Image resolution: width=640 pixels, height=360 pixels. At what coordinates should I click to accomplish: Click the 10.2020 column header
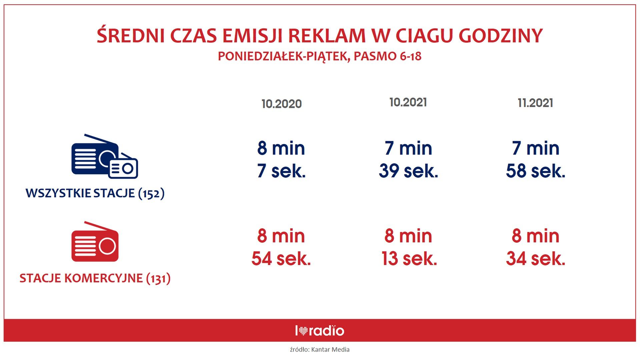(x=282, y=104)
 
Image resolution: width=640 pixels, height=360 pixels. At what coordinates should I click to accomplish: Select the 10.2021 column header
(x=408, y=102)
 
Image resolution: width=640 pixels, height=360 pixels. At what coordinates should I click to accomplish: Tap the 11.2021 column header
(x=535, y=103)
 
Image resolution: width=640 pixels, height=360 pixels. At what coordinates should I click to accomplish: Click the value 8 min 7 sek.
(x=281, y=159)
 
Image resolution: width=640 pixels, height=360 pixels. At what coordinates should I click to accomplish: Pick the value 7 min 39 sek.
(x=408, y=159)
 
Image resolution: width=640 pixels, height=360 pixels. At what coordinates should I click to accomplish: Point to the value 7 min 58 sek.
(x=536, y=159)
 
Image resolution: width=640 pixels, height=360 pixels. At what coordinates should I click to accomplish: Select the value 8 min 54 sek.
(x=281, y=247)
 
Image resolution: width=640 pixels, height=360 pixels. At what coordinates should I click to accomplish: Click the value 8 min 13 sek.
(x=409, y=247)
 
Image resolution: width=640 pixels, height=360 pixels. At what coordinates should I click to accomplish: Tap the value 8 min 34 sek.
(x=536, y=247)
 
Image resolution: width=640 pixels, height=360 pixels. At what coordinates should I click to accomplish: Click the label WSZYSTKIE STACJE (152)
(x=95, y=193)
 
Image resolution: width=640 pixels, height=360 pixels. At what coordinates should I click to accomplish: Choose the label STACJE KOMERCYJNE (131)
(x=95, y=278)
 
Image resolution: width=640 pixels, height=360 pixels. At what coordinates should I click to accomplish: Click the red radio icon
(x=95, y=241)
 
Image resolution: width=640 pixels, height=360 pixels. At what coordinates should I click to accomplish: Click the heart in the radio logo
(x=303, y=331)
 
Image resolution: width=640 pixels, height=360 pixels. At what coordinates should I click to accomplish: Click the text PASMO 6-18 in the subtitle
(x=387, y=56)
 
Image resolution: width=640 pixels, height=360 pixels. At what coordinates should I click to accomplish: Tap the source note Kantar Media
(x=330, y=349)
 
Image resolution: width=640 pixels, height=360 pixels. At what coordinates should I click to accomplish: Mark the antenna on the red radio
(x=101, y=226)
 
